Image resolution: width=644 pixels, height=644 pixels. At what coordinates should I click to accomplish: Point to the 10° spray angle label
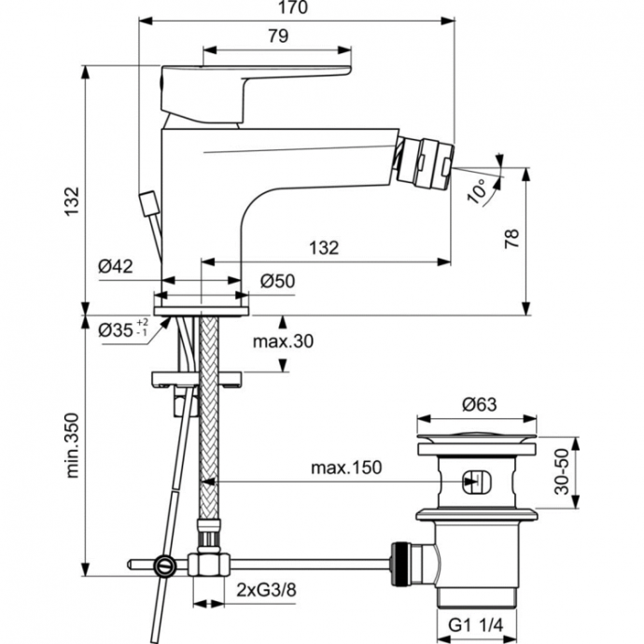click(479, 190)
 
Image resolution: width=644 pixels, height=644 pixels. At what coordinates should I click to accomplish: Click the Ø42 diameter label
click(116, 266)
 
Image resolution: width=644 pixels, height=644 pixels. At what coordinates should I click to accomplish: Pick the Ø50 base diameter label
click(277, 279)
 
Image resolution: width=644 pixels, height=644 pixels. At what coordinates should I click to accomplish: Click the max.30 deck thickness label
click(283, 342)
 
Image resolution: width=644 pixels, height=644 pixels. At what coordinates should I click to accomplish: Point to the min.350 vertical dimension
click(72, 444)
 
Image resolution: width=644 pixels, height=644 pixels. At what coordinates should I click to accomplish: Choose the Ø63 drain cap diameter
click(477, 405)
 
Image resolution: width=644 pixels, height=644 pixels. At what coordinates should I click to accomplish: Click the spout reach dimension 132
click(323, 247)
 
